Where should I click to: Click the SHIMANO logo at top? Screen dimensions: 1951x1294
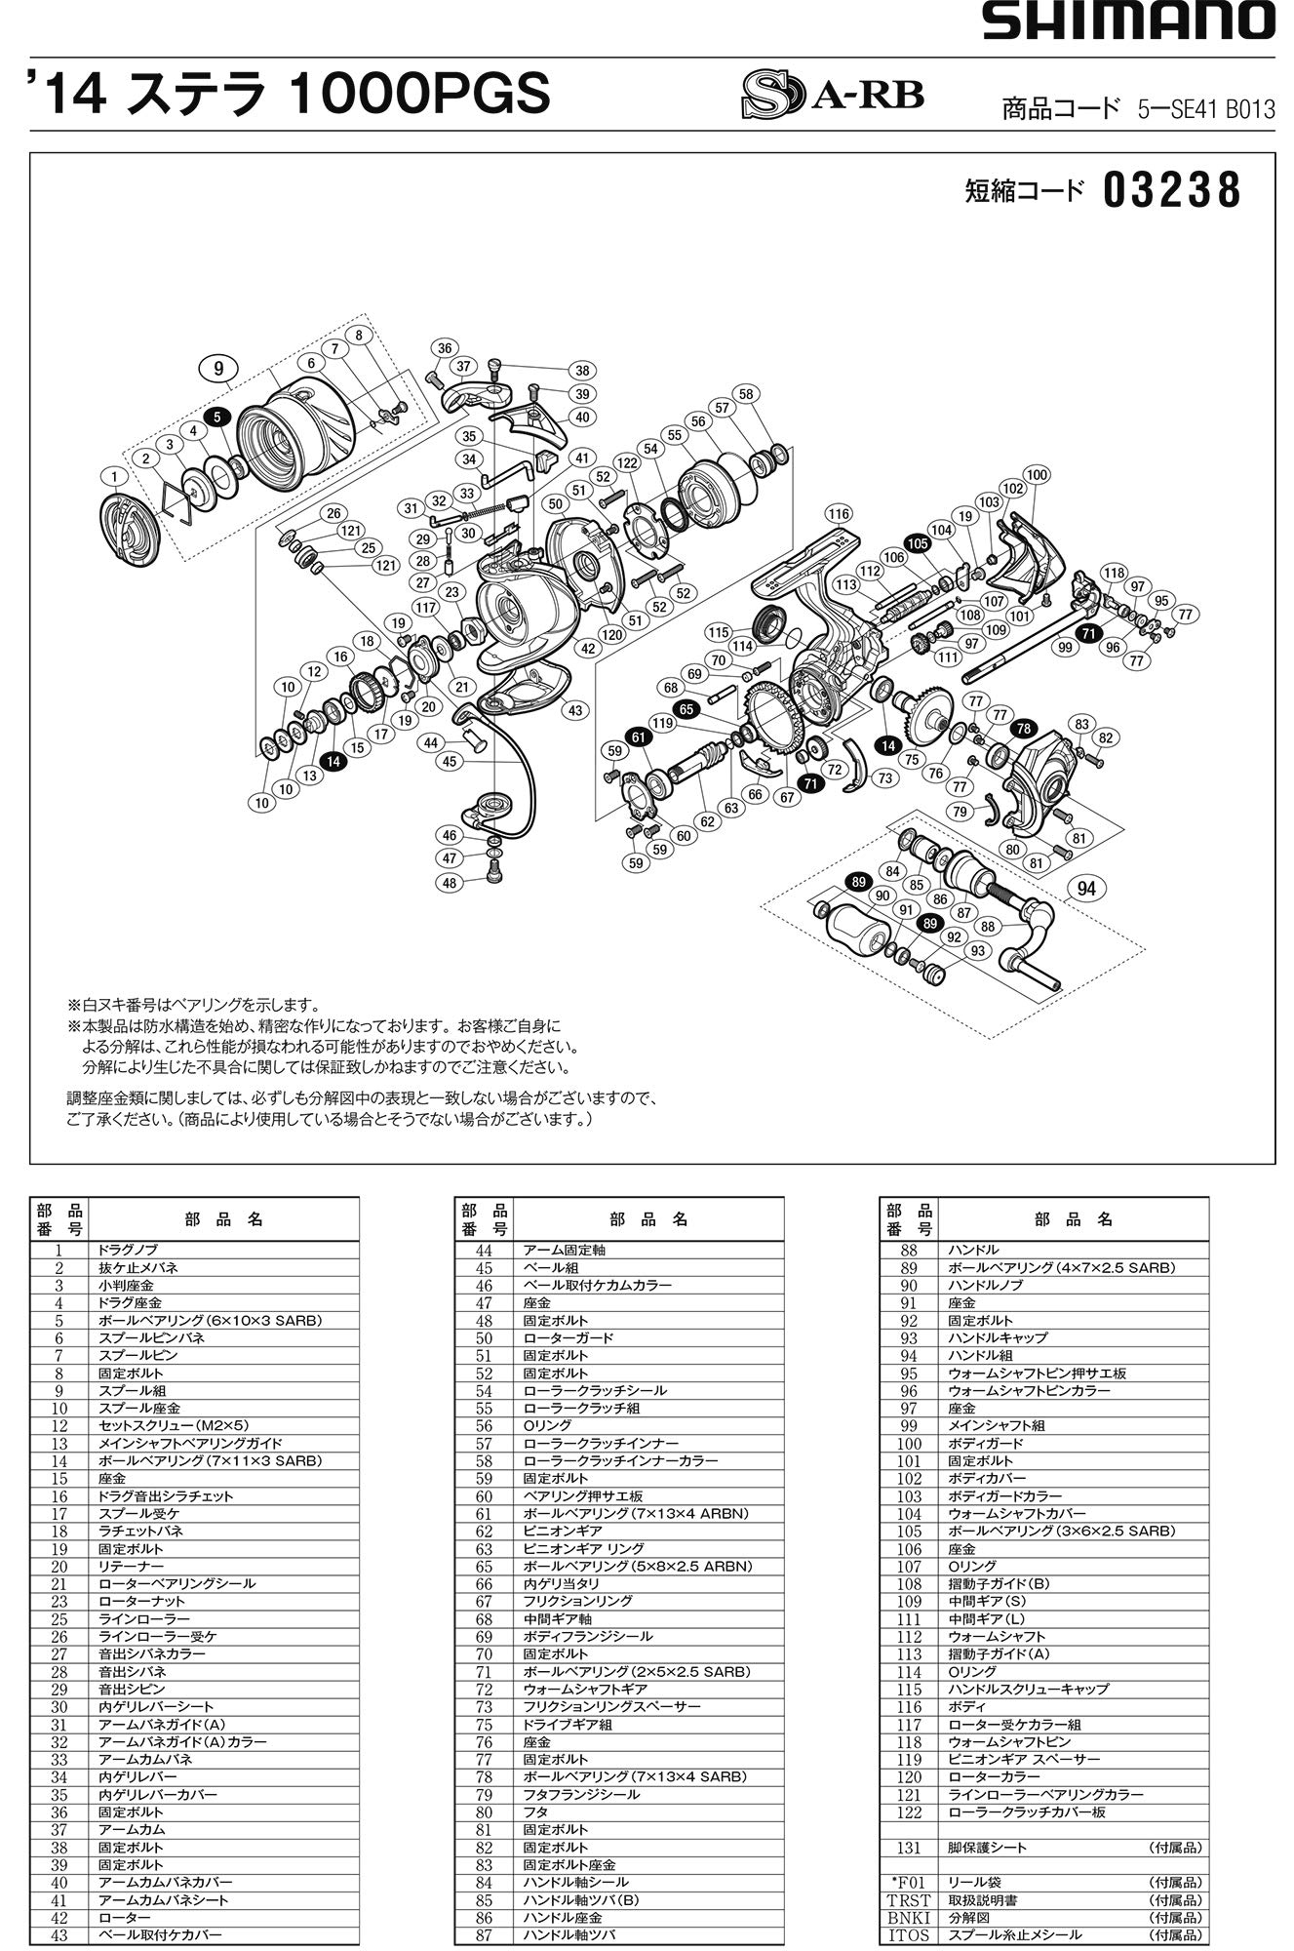(x=1127, y=21)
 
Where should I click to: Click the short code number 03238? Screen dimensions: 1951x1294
(x=1172, y=191)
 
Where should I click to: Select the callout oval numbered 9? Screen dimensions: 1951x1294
(x=218, y=368)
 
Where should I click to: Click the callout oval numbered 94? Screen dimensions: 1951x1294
(x=1087, y=888)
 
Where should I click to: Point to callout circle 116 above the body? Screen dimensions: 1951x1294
(x=838, y=514)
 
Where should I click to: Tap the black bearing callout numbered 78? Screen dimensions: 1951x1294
(x=1023, y=729)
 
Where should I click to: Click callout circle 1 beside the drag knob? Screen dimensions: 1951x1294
(x=115, y=476)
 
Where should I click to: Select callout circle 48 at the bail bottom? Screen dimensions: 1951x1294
(x=450, y=883)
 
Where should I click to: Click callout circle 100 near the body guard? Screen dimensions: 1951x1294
(x=1036, y=475)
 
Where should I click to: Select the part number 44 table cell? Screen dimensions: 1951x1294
(x=484, y=1250)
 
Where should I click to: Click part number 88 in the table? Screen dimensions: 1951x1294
(x=908, y=1250)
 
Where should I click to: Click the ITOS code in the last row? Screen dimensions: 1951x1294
(x=908, y=1934)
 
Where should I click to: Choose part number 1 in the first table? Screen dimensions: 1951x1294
(x=59, y=1250)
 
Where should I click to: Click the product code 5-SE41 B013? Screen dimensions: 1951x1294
(x=1205, y=110)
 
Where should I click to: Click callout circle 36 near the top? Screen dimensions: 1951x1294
(x=445, y=348)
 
